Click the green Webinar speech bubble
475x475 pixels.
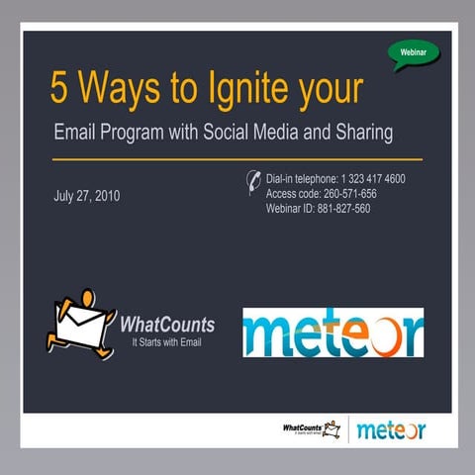click(x=414, y=52)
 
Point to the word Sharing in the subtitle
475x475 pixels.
click(x=363, y=132)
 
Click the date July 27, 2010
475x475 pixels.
click(x=88, y=195)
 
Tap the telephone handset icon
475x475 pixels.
click(x=253, y=183)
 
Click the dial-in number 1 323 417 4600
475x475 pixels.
click(x=365, y=179)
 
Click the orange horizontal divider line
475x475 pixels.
click(x=237, y=158)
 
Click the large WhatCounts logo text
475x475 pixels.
click(x=167, y=325)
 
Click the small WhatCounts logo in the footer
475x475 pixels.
click(x=310, y=428)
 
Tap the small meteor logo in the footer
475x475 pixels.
click(x=390, y=429)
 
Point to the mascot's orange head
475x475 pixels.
click(x=87, y=297)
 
